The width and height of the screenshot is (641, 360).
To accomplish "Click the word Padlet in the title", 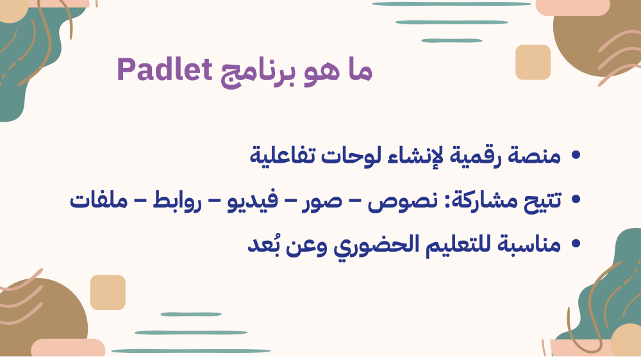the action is point(164,69).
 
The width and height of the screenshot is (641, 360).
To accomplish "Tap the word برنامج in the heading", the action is point(258,73).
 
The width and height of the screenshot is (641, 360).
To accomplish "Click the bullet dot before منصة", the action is point(576,155).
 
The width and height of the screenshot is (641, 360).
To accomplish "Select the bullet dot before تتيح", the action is point(576,199).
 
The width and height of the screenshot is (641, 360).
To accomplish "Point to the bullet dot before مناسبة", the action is point(576,243).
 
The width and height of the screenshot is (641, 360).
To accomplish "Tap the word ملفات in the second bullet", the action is point(99,200).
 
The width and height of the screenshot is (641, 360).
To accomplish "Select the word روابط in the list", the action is point(178,200).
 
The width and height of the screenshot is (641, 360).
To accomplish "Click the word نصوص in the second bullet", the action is point(403,201).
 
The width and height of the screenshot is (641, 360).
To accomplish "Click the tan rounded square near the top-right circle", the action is point(533,62).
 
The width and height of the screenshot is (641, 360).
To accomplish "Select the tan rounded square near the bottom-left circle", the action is point(108,292).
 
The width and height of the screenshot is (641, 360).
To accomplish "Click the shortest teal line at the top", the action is point(452,40).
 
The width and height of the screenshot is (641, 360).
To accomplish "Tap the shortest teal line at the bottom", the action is point(191,315).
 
